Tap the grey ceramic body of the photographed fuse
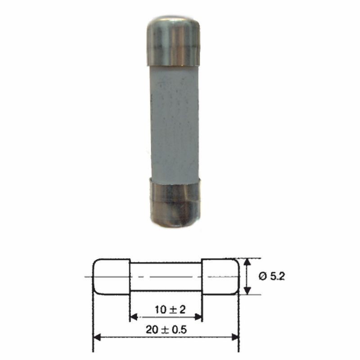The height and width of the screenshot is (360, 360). coord(174,122)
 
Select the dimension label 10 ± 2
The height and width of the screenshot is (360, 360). coord(170,310)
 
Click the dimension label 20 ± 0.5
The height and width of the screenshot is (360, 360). coord(166,330)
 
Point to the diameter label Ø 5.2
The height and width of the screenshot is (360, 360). coord(272,276)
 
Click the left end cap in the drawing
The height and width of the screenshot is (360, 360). coord(112,277)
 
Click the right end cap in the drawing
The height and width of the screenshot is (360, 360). coord(220,277)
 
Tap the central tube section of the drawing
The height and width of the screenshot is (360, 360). coord(166,277)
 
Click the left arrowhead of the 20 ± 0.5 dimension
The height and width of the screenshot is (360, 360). coord(97,337)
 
